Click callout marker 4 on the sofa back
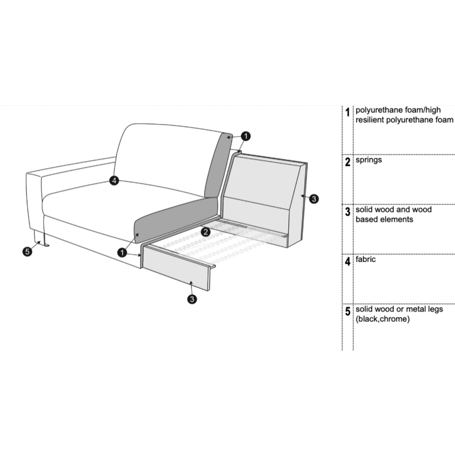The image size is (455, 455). [115, 180]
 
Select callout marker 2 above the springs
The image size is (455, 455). [206, 233]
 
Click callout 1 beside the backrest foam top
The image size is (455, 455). [245, 136]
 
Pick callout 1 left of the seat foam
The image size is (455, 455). [122, 252]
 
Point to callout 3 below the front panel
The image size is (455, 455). [192, 300]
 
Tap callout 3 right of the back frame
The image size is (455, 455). [314, 199]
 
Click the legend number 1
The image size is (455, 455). [347, 112]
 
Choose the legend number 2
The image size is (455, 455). [347, 162]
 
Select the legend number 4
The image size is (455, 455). [347, 262]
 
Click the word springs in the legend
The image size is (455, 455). [369, 160]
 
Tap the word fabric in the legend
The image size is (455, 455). [366, 259]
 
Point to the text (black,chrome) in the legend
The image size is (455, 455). [382, 320]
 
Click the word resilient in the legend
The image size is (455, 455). [372, 120]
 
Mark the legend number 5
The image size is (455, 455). [347, 311]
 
